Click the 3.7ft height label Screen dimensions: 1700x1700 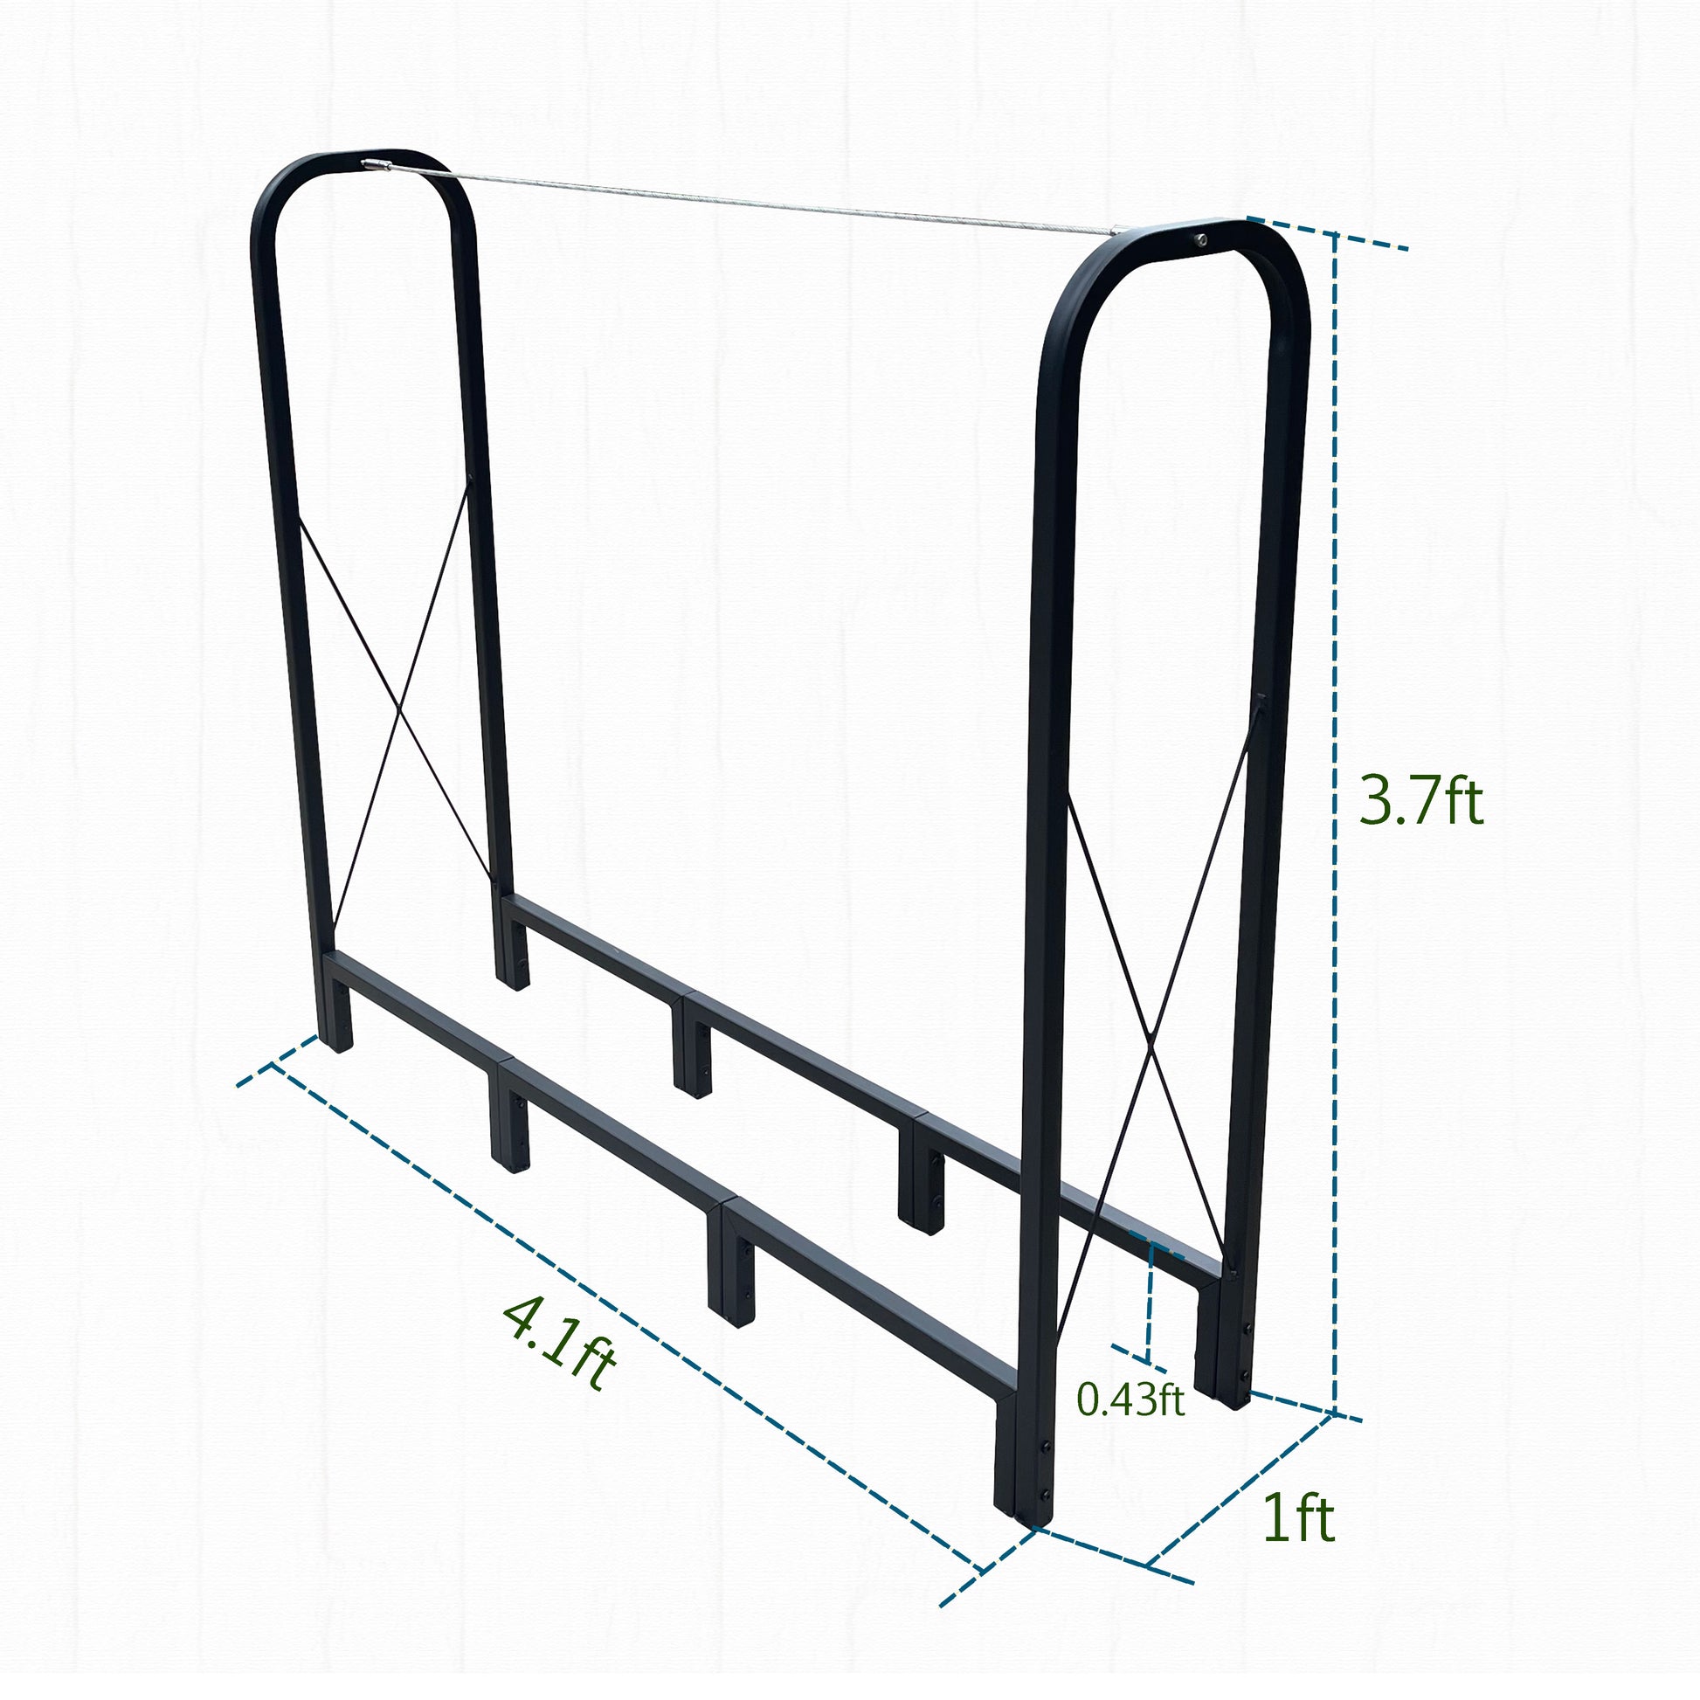(x=1420, y=801)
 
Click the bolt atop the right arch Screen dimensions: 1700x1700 (x=1200, y=239)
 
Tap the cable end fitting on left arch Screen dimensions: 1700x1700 (x=377, y=164)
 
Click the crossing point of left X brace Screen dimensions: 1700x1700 (x=399, y=707)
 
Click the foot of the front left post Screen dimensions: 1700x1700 (x=336, y=1041)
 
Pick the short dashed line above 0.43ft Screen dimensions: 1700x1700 (x=1148, y=1302)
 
